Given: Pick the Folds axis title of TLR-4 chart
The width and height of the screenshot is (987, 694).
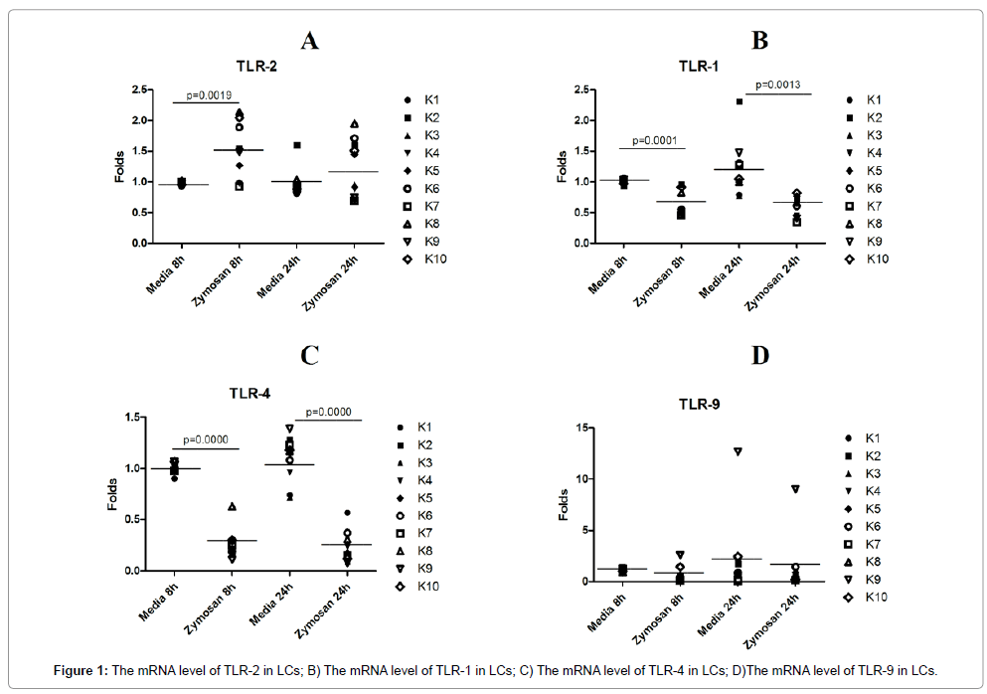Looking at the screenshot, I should click(x=116, y=493).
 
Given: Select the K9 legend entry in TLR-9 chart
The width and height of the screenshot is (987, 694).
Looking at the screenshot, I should click(x=875, y=579).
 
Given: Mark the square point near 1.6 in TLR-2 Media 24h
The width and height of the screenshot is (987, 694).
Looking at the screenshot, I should click(x=297, y=145).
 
